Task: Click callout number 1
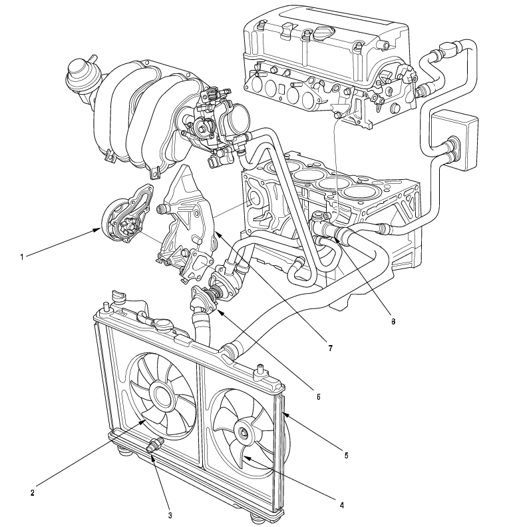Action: pyautogui.click(x=21, y=256)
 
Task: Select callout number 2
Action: pyautogui.click(x=31, y=493)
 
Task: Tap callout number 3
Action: pyautogui.click(x=170, y=515)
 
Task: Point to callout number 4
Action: pyautogui.click(x=341, y=505)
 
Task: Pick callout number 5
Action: pyautogui.click(x=346, y=456)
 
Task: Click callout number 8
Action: pyautogui.click(x=393, y=321)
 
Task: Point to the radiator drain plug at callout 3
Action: pyautogui.click(x=153, y=446)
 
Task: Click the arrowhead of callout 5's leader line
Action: pyautogui.click(x=285, y=413)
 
